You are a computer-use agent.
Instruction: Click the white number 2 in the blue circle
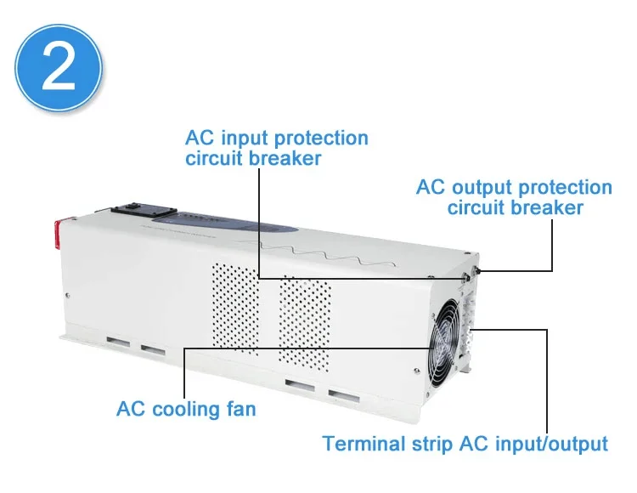click(x=59, y=67)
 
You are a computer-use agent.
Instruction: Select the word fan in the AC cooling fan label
click(x=241, y=409)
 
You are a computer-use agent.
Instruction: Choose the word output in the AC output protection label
click(x=482, y=189)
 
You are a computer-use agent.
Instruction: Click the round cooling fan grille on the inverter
click(x=445, y=343)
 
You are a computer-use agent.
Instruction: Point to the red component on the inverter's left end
click(x=58, y=234)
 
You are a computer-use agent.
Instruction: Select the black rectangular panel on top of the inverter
click(x=144, y=210)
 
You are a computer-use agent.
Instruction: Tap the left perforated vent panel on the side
click(x=235, y=308)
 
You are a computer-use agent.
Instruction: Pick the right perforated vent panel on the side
click(x=305, y=324)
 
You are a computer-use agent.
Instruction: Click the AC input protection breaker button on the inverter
click(x=465, y=277)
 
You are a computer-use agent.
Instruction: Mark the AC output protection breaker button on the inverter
click(x=476, y=269)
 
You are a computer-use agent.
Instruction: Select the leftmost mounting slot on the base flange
click(x=118, y=342)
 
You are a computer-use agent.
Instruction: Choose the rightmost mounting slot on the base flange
click(x=344, y=396)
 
